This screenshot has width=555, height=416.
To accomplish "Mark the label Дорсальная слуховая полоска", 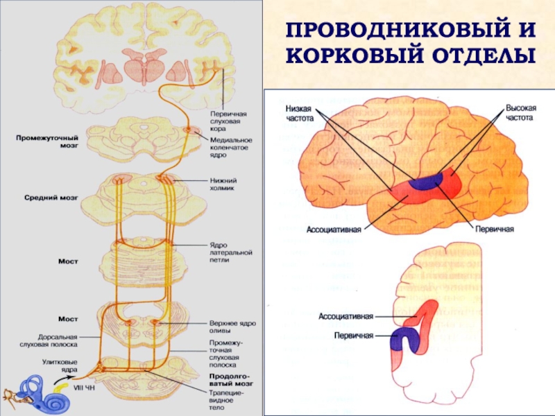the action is tap(48, 340).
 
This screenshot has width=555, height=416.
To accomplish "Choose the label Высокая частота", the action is tap(520, 114).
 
